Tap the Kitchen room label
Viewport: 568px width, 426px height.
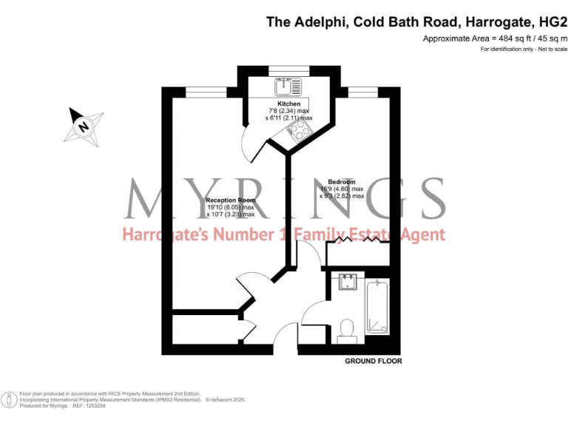[288, 104]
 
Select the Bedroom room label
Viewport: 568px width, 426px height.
[342, 182]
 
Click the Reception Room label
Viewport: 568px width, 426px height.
[229, 200]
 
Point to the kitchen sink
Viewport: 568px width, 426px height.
[285, 86]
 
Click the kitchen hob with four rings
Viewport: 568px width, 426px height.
[300, 132]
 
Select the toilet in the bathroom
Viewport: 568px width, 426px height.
[345, 331]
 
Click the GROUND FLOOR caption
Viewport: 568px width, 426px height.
[373, 362]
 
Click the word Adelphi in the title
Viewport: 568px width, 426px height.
[317, 22]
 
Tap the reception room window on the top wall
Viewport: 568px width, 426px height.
[206, 91]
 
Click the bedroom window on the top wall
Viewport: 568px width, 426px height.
[362, 91]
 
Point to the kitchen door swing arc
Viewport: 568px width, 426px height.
[251, 144]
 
